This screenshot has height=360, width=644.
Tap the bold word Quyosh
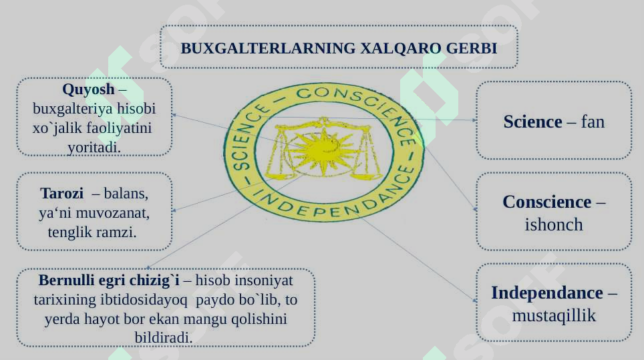[x=88, y=89]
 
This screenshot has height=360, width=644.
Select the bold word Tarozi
[x=62, y=194]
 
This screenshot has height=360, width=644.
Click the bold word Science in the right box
[x=532, y=122]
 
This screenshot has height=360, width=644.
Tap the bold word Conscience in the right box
[x=547, y=202]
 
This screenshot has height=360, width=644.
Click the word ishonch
[x=554, y=224]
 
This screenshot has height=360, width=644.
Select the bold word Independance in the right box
[x=547, y=293]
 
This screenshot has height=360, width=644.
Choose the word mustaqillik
[x=554, y=315]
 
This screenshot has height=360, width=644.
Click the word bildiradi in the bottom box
[x=164, y=337]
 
